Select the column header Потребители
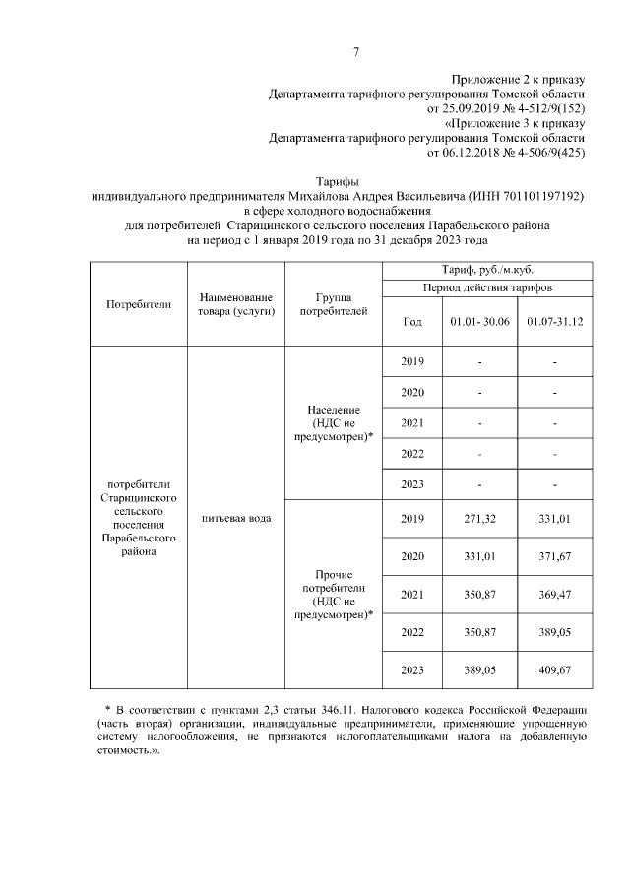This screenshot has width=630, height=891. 139,304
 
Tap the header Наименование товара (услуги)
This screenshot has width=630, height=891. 235,304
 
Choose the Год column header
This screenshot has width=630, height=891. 412,322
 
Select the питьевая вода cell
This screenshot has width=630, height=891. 235,517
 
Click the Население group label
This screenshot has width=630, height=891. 334,410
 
